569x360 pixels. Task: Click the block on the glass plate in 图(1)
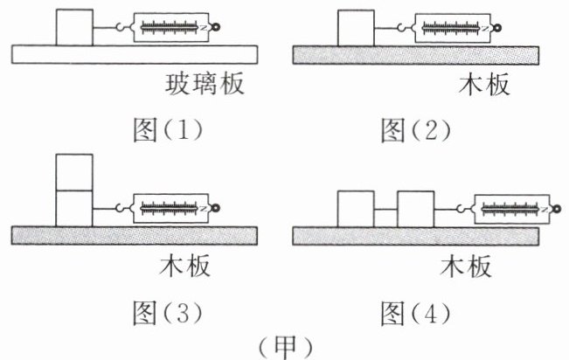(x=74, y=28)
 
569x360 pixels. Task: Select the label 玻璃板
(x=205, y=84)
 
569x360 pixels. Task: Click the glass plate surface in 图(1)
(x=135, y=54)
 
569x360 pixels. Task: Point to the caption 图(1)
(x=168, y=130)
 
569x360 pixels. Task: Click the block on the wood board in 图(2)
(x=356, y=28)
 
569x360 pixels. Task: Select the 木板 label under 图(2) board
(x=483, y=84)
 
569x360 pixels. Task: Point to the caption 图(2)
(x=415, y=130)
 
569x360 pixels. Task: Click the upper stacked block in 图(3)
(x=74, y=172)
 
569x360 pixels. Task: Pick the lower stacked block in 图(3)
(x=74, y=209)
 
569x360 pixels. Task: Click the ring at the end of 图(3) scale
(x=215, y=208)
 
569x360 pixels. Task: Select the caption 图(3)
(x=168, y=313)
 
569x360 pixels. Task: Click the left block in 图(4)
(x=356, y=210)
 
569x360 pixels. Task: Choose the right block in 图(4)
(x=416, y=210)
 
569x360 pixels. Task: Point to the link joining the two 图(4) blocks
(x=385, y=210)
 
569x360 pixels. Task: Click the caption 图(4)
(x=415, y=313)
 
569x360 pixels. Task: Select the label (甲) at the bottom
(x=286, y=347)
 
